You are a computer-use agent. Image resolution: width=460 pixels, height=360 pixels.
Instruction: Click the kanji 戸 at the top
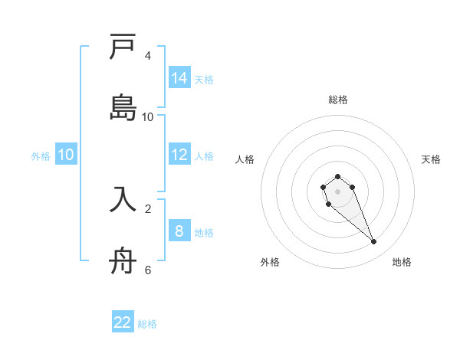pos(123,48)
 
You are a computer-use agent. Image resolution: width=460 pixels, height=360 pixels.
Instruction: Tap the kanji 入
pos(123,198)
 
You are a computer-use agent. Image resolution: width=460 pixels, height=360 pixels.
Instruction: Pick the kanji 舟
pos(123,260)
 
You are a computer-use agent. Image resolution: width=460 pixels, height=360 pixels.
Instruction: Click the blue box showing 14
pos(179,78)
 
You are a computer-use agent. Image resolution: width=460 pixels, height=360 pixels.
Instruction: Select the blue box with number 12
pos(179,155)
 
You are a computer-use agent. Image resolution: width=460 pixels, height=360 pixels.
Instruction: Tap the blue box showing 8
pos(179,231)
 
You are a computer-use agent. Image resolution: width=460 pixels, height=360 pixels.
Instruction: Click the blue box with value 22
pos(123,322)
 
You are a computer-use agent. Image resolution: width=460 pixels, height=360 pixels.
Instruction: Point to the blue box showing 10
pos(66,155)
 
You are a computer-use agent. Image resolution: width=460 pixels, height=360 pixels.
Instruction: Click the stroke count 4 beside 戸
pos(148,56)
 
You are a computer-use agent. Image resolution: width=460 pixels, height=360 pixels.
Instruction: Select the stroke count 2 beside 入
pos(148,208)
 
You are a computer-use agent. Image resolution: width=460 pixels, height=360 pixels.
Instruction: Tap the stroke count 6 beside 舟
pos(148,270)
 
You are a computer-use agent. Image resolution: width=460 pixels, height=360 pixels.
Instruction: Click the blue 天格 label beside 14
pos(204,79)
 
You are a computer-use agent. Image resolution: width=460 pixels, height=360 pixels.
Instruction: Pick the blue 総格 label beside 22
pos(147,324)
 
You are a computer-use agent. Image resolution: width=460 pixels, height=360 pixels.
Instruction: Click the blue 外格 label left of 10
pos(41,155)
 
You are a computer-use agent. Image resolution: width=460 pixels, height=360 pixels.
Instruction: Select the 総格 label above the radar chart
pos(337,100)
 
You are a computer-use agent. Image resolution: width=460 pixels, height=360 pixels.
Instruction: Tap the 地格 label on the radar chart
pos(402,262)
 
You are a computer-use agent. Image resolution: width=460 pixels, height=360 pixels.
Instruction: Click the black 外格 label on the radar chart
pos(270,262)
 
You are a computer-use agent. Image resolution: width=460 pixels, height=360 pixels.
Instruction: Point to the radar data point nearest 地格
pos(374,242)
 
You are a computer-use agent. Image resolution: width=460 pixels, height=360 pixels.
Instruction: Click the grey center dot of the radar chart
pos(337,191)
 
